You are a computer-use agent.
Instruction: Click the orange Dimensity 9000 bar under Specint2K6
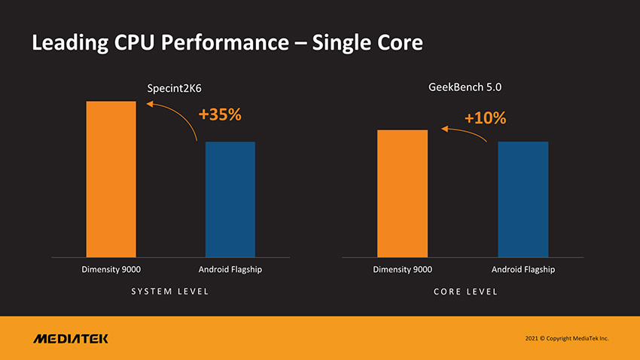click(111, 178)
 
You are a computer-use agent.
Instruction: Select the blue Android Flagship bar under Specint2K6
click(230, 199)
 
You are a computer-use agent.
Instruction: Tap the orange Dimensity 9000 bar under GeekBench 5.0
click(402, 193)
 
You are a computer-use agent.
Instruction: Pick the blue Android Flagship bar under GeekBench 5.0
click(523, 199)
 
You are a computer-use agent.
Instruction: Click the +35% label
click(220, 115)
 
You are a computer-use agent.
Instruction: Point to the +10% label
click(485, 118)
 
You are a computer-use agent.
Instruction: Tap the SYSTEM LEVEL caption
click(171, 291)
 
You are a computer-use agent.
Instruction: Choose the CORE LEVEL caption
click(465, 291)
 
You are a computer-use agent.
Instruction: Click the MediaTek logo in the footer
click(71, 338)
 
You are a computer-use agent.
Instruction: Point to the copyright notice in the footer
click(566, 338)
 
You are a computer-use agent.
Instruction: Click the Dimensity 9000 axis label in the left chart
click(111, 270)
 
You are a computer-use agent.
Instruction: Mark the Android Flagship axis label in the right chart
click(523, 270)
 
